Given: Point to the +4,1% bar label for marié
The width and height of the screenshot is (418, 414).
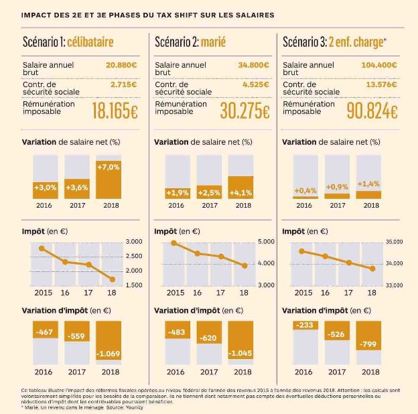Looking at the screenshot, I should click(x=240, y=193).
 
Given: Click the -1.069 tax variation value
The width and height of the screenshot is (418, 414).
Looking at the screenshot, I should click(x=108, y=353).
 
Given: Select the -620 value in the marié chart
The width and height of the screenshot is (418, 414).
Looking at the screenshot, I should click(x=208, y=338).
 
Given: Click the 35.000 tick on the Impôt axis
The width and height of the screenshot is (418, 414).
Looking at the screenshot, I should click(x=393, y=241).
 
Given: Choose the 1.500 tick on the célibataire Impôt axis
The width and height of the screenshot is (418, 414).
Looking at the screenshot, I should click(x=134, y=285).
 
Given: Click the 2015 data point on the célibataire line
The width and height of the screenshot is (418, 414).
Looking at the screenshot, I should click(x=42, y=249).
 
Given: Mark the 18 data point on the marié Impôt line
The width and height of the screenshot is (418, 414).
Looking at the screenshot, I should click(x=245, y=266).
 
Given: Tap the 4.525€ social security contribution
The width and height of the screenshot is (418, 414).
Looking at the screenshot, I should click(x=255, y=85).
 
